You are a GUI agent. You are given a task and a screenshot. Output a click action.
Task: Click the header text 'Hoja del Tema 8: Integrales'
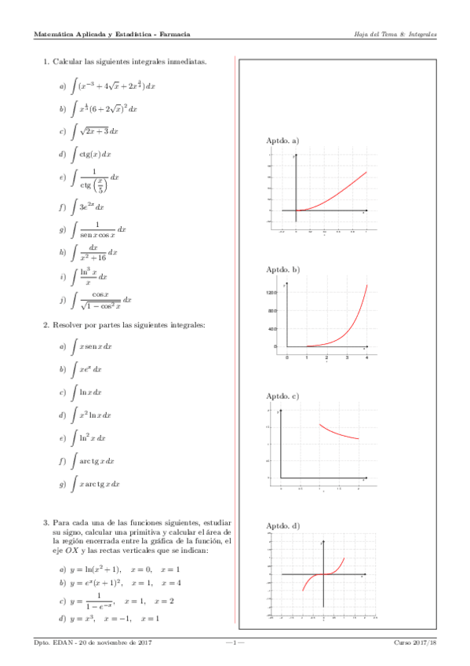tap(395, 35)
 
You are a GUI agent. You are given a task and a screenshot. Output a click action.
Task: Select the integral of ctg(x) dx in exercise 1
tap(92, 154)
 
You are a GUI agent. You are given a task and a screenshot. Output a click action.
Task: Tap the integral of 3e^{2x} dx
tap(87, 207)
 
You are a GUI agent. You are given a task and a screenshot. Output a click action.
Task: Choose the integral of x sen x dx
tap(92, 346)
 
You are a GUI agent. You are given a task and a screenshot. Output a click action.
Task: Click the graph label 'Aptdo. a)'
tap(283, 141)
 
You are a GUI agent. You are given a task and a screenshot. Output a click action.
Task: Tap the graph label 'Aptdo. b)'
tap(283, 269)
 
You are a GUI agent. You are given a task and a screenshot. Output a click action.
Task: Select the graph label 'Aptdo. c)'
tap(283, 396)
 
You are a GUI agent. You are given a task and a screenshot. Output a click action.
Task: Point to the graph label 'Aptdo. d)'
tap(283, 525)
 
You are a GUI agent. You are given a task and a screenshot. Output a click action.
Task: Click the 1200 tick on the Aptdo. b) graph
tap(272, 292)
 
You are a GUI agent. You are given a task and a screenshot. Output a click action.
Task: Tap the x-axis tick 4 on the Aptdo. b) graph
tap(366, 357)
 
